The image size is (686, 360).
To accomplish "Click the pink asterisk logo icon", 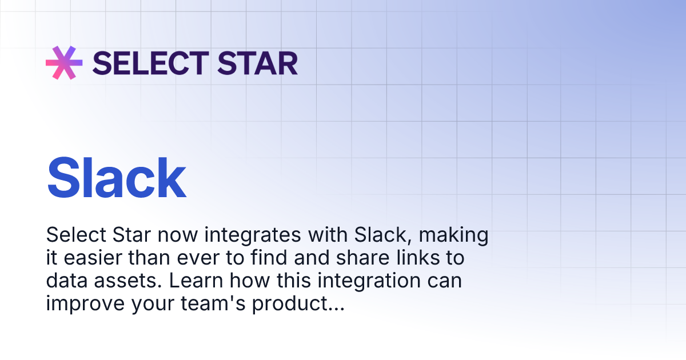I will click(x=64, y=62).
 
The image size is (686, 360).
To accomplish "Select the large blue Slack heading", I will click(x=117, y=178).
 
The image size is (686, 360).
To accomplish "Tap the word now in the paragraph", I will click(x=178, y=235).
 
